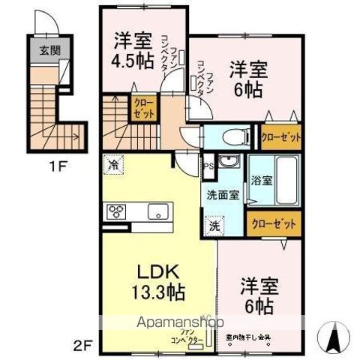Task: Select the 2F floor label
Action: tap(83, 346)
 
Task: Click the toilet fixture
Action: tap(228, 137)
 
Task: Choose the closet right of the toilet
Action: tap(281, 137)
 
